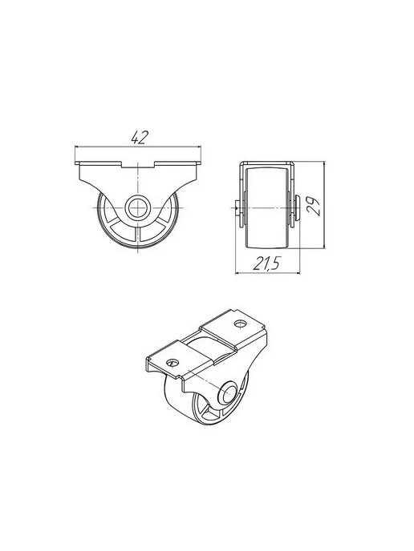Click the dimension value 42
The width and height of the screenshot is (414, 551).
point(140,137)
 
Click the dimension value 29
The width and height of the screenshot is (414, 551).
point(314,206)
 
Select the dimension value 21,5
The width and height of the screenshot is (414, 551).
point(266,263)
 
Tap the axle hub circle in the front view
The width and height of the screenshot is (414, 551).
point(138,207)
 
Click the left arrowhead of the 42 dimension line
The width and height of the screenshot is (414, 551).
point(78,147)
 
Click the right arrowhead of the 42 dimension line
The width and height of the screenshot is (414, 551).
point(198,147)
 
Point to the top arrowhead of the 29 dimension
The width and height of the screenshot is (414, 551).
point(324,164)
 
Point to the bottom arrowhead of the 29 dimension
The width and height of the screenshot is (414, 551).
point(324,246)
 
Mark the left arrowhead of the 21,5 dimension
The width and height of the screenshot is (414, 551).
point(238,273)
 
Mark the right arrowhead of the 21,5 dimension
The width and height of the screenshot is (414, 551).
point(297,273)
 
